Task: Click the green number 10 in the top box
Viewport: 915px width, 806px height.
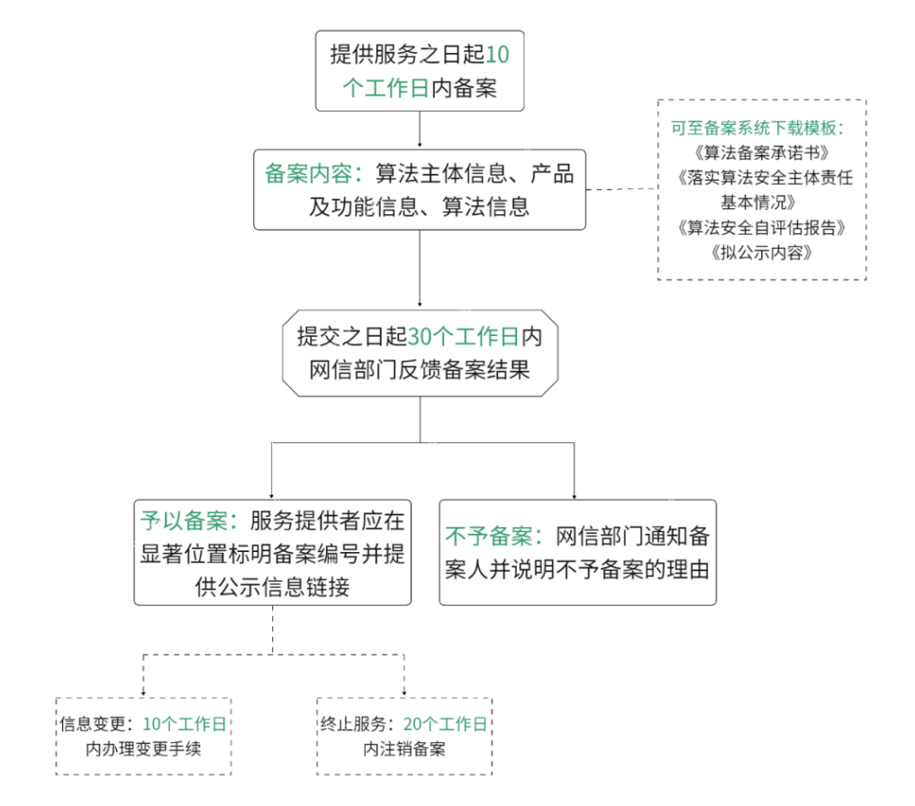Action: tap(497, 55)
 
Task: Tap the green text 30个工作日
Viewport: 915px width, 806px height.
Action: tap(464, 337)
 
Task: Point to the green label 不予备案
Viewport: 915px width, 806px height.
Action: tap(491, 537)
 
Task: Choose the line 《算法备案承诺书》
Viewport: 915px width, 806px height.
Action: tap(762, 151)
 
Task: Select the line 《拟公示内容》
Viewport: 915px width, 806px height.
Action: tap(762, 252)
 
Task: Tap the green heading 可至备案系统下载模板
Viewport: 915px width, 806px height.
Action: tap(756, 127)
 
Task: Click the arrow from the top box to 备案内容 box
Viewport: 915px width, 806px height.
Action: tap(420, 130)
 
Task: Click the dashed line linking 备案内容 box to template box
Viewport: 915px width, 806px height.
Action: tap(621, 189)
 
